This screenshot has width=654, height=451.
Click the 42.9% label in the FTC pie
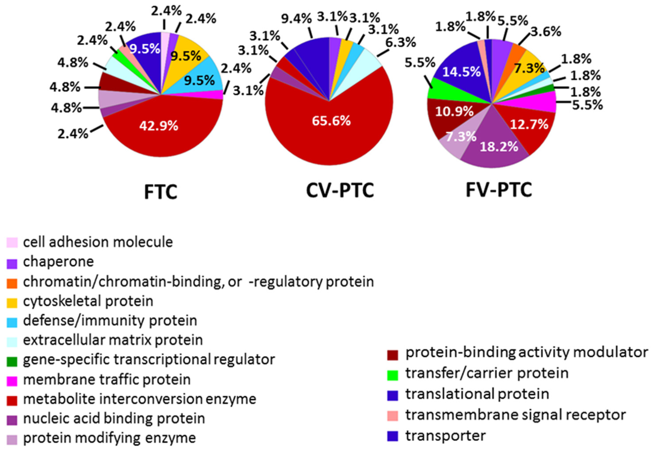click(x=159, y=126)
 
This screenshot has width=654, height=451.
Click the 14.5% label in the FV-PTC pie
click(x=461, y=72)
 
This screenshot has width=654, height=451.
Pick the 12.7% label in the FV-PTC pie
click(x=529, y=124)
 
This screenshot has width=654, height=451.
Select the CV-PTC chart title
click(x=340, y=190)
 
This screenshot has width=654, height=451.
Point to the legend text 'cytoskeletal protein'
click(x=88, y=301)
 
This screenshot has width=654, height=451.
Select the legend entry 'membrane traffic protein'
click(x=107, y=380)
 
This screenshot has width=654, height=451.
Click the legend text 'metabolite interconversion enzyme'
click(x=140, y=399)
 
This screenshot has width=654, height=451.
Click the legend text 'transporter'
click(x=445, y=436)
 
